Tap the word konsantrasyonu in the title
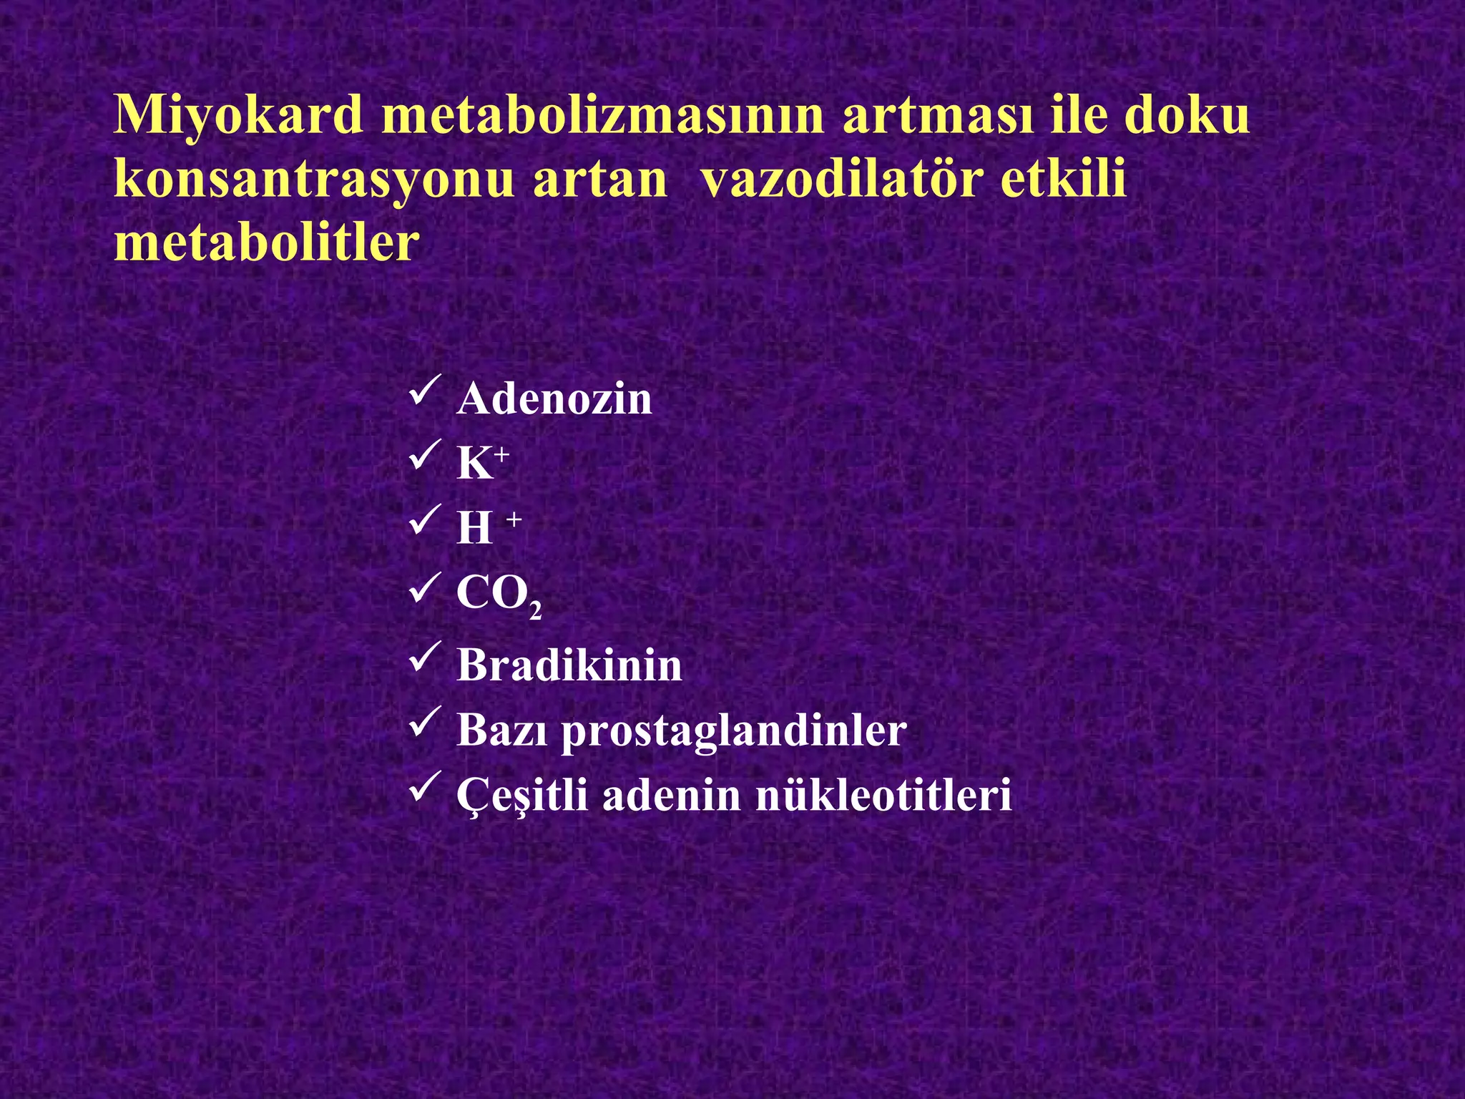[x=314, y=179]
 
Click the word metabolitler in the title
[x=266, y=242]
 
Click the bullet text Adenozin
[x=554, y=399]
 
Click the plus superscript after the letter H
[x=514, y=520]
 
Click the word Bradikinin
[x=569, y=665]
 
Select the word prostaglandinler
[x=734, y=731]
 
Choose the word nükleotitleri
[x=883, y=795]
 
